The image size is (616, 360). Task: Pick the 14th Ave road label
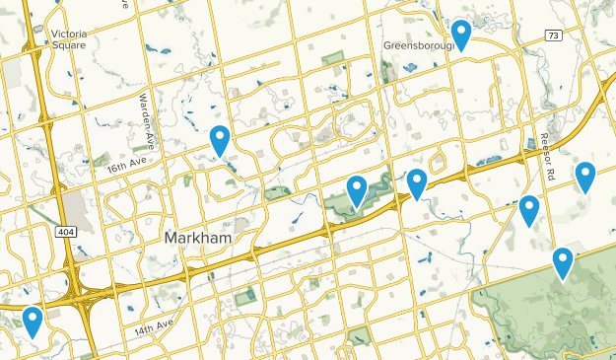coord(154,324)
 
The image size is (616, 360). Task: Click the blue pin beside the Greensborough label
coord(460,35)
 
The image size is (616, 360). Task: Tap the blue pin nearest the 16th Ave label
coord(220,141)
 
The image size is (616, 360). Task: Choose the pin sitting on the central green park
coord(357,189)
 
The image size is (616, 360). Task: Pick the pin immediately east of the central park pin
coord(417,183)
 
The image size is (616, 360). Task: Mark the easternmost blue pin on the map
coord(585,177)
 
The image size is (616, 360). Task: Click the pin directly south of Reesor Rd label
coord(529,210)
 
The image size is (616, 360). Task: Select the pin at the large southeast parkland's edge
coord(562,262)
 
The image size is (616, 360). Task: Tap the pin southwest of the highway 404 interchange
coord(33,322)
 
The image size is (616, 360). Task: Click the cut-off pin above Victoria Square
coord(59,3)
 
